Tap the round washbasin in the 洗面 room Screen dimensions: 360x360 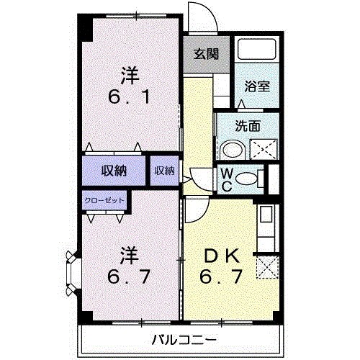click(232, 150)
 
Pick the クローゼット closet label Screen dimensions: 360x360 click(104, 201)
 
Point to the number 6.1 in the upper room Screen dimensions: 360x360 click(130, 96)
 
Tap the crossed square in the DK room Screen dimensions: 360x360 click(266, 269)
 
